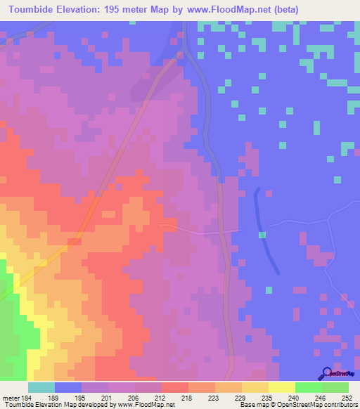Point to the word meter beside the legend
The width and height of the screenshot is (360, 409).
tap(10, 397)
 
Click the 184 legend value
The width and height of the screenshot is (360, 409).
tap(26, 397)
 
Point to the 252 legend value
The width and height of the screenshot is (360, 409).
tap(348, 397)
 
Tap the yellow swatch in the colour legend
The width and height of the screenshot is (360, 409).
tap(281, 387)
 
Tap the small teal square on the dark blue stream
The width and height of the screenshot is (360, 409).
tap(262, 235)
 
